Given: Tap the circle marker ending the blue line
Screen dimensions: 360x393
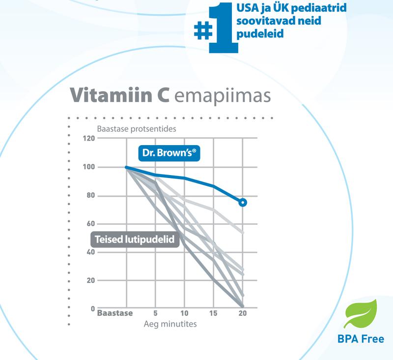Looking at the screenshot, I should (242, 202).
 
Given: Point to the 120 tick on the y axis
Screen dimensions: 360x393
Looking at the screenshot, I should (88, 138).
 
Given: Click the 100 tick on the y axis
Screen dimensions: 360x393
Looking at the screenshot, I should (88, 167).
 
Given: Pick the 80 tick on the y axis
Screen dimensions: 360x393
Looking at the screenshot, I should (89, 196).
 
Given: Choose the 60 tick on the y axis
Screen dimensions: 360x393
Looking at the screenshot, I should (89, 224).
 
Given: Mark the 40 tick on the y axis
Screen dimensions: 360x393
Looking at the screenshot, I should (89, 252).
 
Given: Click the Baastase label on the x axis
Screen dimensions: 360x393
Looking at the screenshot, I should (115, 313).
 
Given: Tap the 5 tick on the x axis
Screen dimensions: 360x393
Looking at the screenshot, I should (155, 313).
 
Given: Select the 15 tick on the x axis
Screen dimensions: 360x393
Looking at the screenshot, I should (213, 313).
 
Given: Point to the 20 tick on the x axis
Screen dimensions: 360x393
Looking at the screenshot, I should (242, 313).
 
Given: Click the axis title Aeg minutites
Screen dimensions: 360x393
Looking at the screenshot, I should (170, 324).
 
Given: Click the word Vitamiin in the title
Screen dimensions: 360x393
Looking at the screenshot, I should (116, 95).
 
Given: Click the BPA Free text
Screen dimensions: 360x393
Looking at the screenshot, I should (361, 339).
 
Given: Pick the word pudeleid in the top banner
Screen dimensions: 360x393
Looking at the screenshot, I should (257, 35).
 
